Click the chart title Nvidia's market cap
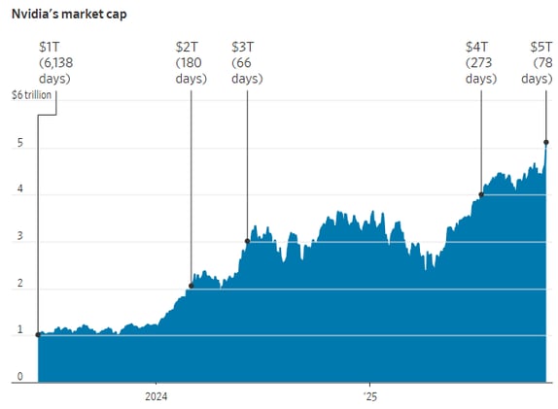[68, 15]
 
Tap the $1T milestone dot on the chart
[38, 334]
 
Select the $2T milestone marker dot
[191, 285]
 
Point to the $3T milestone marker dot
[247, 241]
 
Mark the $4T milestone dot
[481, 194]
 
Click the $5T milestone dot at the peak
[546, 143]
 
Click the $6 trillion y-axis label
[30, 94]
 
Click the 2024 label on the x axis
[157, 396]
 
